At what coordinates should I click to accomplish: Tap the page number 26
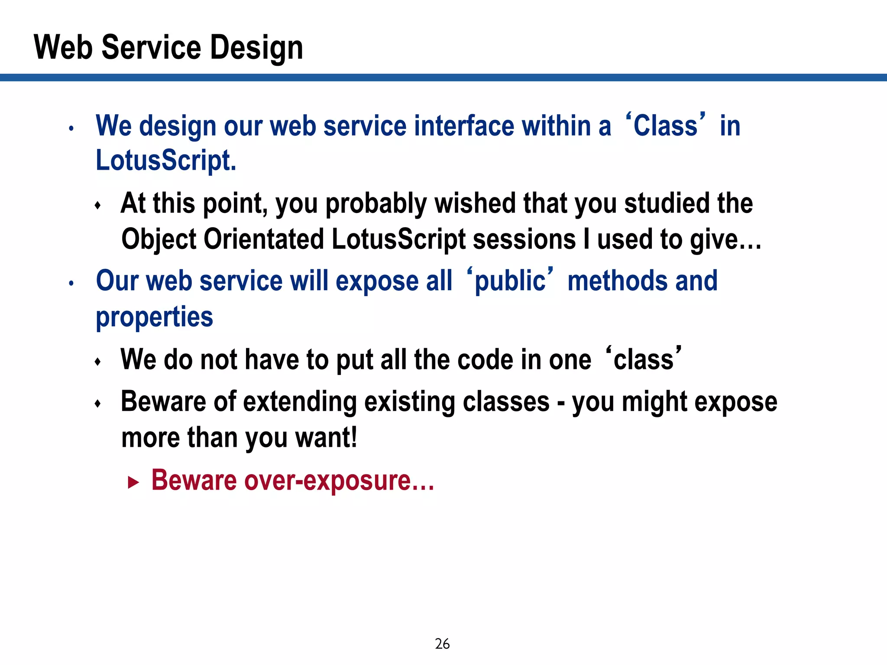click(442, 644)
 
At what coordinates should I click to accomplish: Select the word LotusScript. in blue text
click(166, 161)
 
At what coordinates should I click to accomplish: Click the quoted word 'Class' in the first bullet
click(665, 126)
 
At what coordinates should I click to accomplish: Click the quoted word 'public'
click(510, 281)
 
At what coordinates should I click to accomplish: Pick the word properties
click(154, 317)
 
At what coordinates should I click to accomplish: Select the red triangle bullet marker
click(133, 482)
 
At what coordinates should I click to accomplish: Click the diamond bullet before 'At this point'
click(98, 205)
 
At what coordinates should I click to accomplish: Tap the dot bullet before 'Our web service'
click(71, 284)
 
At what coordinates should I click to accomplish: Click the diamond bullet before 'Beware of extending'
click(98, 404)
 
